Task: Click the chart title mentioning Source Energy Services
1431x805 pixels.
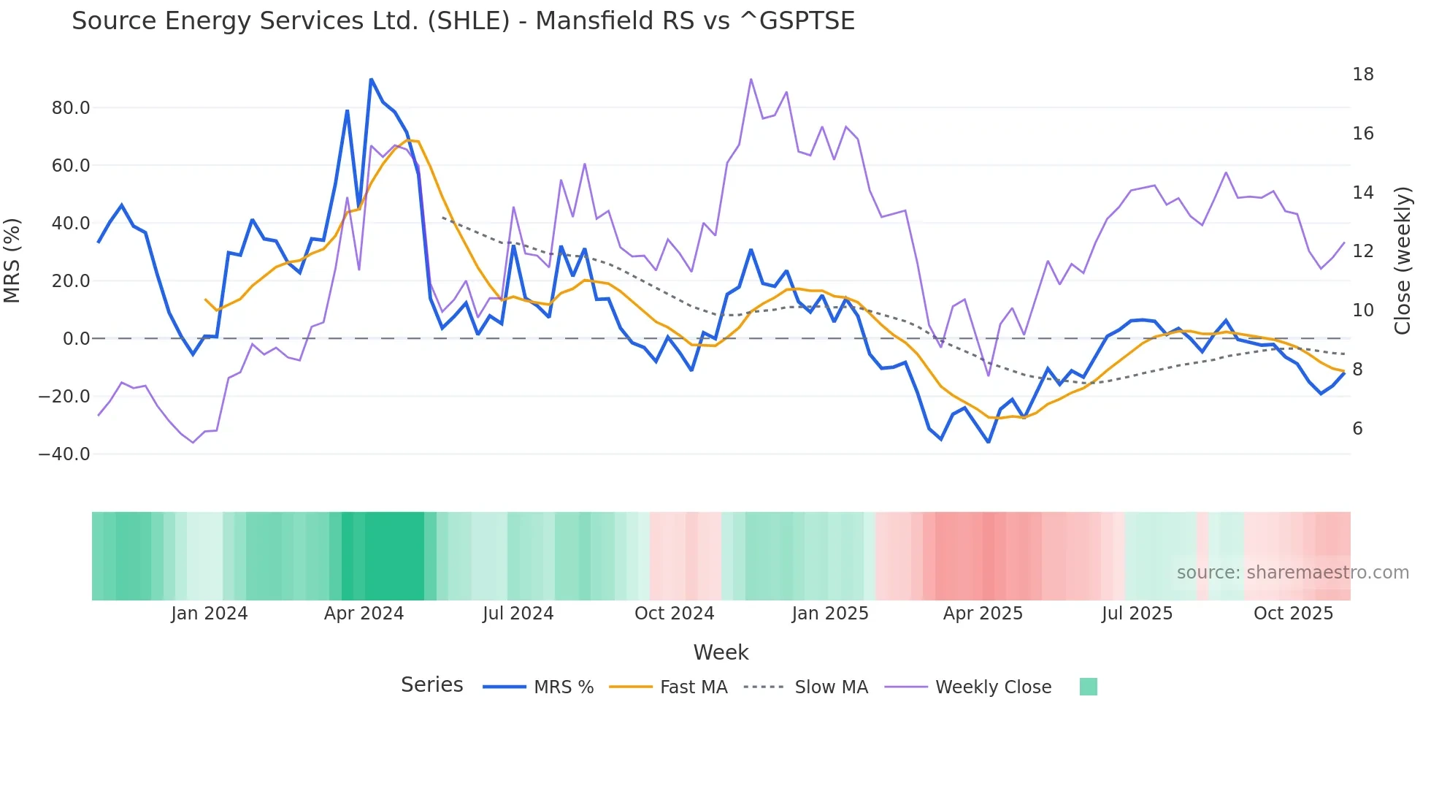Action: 463,21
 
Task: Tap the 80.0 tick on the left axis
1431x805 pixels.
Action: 71,108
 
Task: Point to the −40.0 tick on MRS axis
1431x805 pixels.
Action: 64,454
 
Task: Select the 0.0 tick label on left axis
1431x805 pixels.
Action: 77,339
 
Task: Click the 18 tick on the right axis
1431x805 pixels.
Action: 1362,75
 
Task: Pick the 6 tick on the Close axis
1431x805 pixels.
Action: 1357,429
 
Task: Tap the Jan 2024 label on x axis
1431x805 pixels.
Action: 210,614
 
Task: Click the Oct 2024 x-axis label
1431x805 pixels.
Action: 674,614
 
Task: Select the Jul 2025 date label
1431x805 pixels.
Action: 1137,614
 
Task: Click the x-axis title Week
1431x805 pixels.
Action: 721,652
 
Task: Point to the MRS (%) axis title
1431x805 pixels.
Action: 12,261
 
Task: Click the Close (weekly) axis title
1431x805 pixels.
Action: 1402,261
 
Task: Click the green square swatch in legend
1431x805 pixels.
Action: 1088,687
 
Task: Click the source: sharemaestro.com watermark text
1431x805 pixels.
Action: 1292,573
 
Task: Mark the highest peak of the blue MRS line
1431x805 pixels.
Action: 371,79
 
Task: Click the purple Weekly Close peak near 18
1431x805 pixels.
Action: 751,79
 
